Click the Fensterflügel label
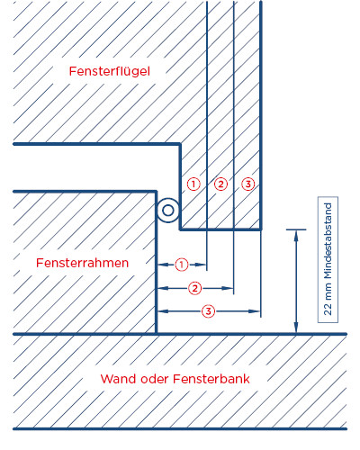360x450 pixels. pyautogui.click(x=110, y=72)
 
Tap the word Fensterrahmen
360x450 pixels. pyautogui.click(x=83, y=263)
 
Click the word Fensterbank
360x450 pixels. pyautogui.click(x=211, y=379)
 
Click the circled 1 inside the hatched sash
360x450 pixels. pyautogui.click(x=193, y=184)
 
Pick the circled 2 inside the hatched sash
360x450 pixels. pyautogui.click(x=220, y=184)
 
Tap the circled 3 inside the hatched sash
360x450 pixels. pyautogui.click(x=248, y=184)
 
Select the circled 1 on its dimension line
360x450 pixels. pyautogui.click(x=181, y=265)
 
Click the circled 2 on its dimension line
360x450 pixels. pyautogui.click(x=195, y=288)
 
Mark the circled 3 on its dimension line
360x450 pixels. pyautogui.click(x=208, y=311)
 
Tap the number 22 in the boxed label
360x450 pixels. pyautogui.click(x=328, y=310)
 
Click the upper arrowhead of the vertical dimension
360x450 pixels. pyautogui.click(x=296, y=236)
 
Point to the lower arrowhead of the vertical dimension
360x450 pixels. pyautogui.click(x=296, y=328)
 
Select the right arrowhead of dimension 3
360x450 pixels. pyautogui.click(x=254, y=311)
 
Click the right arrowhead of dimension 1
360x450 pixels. pyautogui.click(x=200, y=265)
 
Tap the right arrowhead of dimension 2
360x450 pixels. pyautogui.click(x=227, y=288)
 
